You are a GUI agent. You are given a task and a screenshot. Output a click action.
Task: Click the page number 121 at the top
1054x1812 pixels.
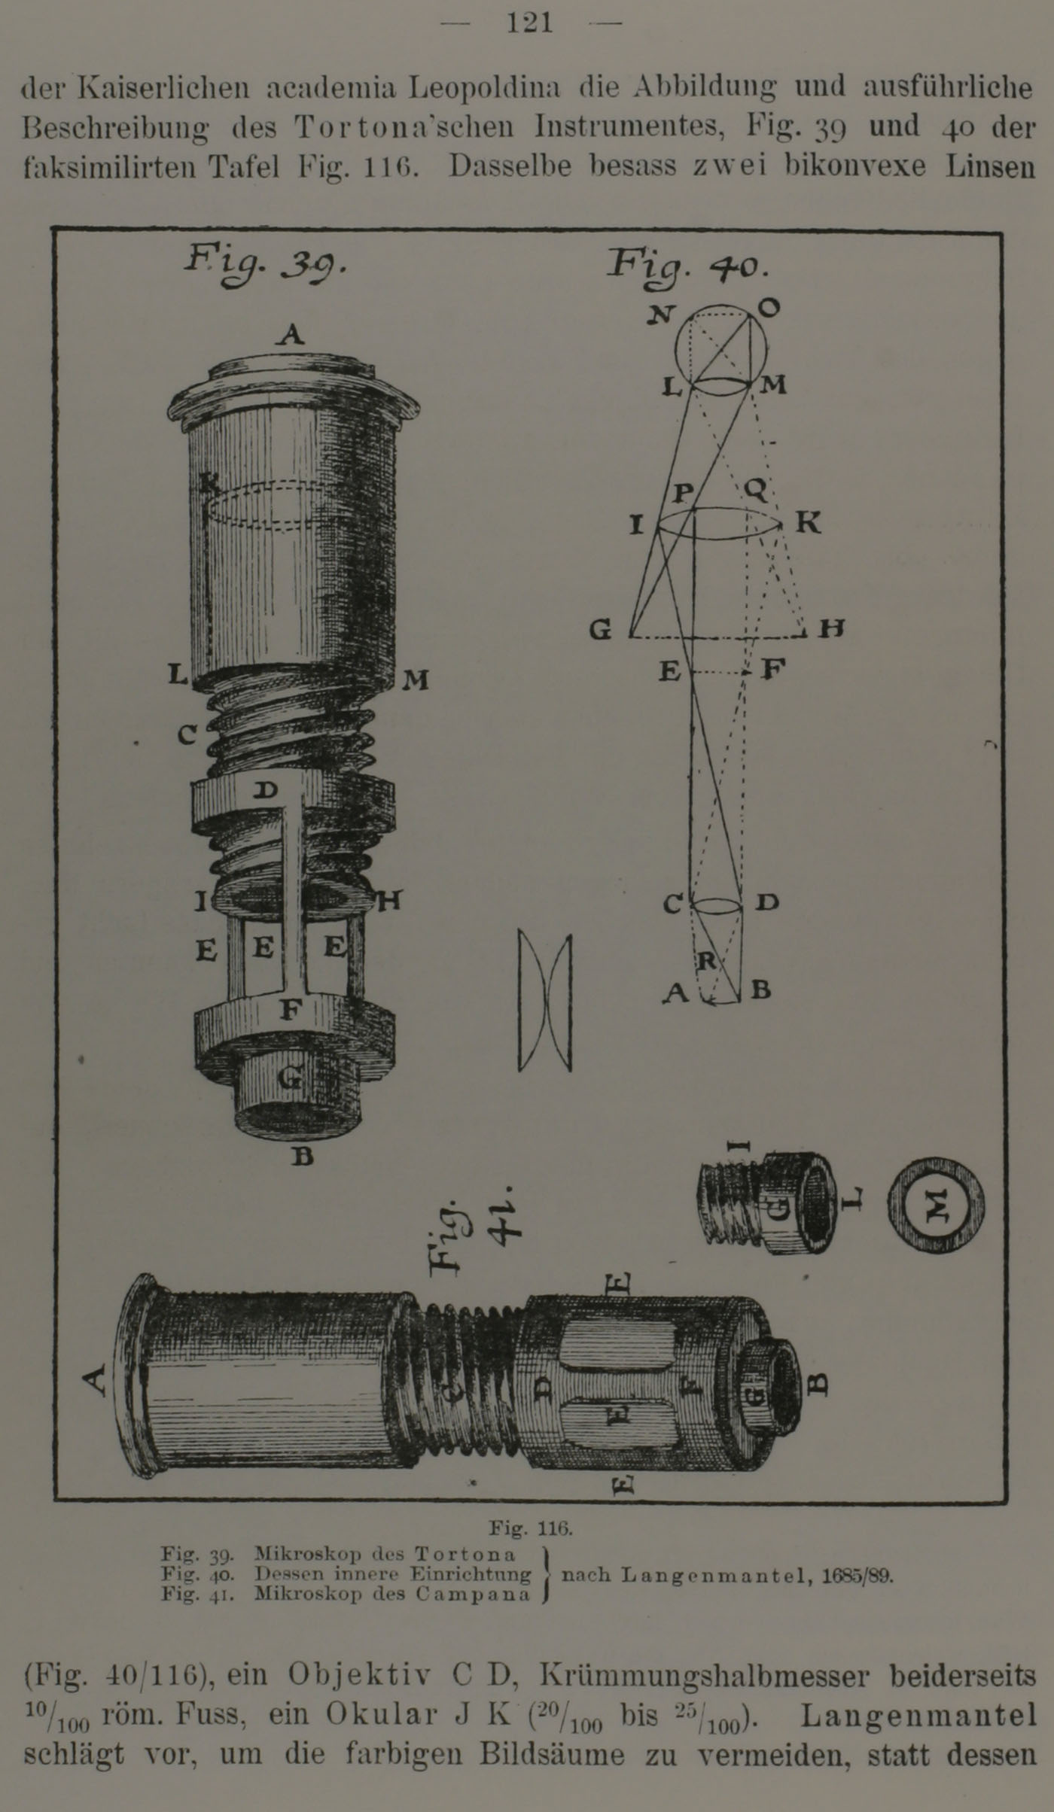click(531, 23)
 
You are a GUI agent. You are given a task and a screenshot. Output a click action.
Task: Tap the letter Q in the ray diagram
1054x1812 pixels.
click(755, 491)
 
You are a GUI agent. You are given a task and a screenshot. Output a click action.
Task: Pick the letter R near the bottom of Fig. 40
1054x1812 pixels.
click(707, 960)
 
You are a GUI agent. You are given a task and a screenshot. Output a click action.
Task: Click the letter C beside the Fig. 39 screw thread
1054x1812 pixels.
click(187, 735)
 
